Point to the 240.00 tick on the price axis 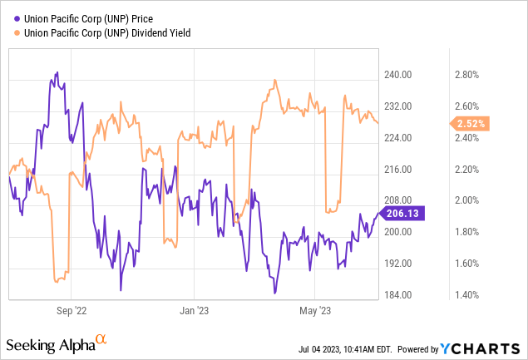coord(399,75)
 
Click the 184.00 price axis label coord(399,295)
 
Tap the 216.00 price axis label coord(399,170)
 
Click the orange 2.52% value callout coord(471,124)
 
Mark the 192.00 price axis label coord(399,264)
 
